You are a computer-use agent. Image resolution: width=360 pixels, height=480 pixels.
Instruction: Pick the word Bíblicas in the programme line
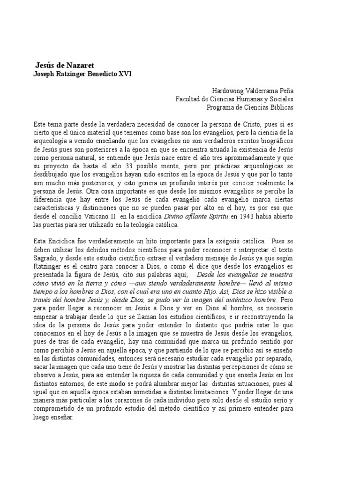[280, 107]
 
